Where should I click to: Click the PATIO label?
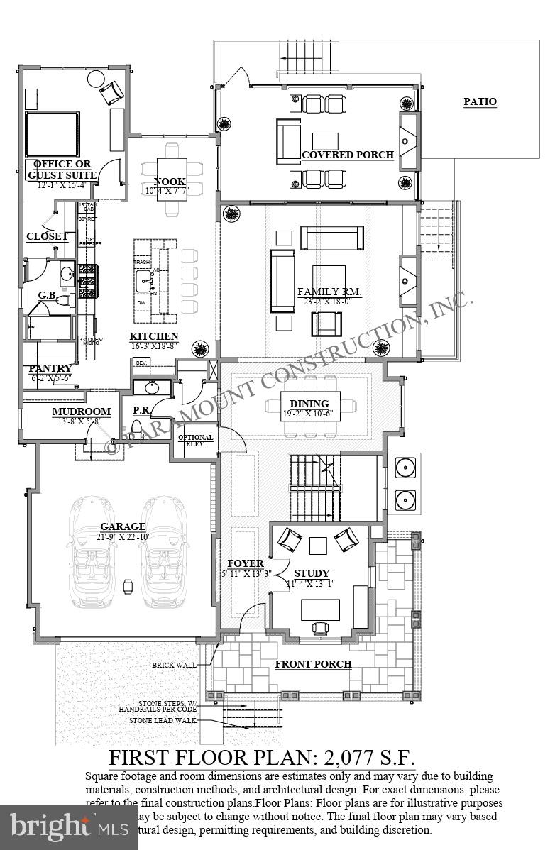point(480,101)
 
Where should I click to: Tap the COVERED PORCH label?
point(347,155)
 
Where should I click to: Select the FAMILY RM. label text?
point(329,292)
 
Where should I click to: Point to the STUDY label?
point(312,573)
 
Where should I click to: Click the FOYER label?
point(246,563)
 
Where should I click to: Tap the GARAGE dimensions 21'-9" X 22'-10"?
point(123,536)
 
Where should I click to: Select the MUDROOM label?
point(81,412)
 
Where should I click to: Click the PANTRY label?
point(50,368)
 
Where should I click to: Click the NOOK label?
point(169,181)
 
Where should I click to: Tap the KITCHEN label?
point(153,336)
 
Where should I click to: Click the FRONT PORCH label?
point(313,664)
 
